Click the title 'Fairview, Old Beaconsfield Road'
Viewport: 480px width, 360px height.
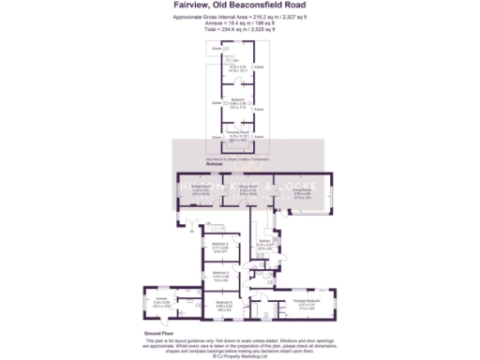tap(239, 5)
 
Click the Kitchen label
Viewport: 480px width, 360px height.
tap(264, 243)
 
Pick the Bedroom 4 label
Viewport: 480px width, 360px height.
tap(220, 277)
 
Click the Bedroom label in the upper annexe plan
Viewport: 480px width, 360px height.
tap(238, 101)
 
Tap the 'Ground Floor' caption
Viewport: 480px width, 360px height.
tap(156, 333)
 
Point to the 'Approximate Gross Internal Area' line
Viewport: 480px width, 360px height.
tap(239, 15)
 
